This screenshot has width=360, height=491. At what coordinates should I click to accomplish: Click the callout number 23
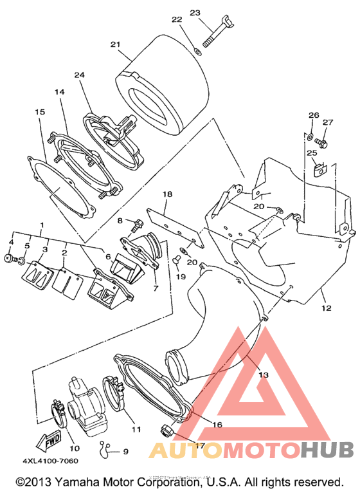point(195,13)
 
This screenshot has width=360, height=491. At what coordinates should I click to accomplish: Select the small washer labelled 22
point(197,51)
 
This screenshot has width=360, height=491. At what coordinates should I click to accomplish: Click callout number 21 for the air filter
point(115,44)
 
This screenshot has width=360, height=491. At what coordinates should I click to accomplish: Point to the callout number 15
point(40,112)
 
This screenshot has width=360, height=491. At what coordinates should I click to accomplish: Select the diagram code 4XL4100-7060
point(50,461)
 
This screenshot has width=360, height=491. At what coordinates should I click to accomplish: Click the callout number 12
point(326,308)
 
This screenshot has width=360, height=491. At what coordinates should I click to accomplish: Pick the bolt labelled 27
point(321,144)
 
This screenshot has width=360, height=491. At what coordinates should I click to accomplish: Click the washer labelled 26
point(310,136)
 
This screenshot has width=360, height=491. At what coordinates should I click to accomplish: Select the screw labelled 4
point(9,258)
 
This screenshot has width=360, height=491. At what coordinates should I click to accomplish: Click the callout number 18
point(167,194)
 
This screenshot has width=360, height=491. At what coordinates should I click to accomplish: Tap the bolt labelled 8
point(136,225)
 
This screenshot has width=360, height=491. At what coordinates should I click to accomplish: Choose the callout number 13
point(264,375)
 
